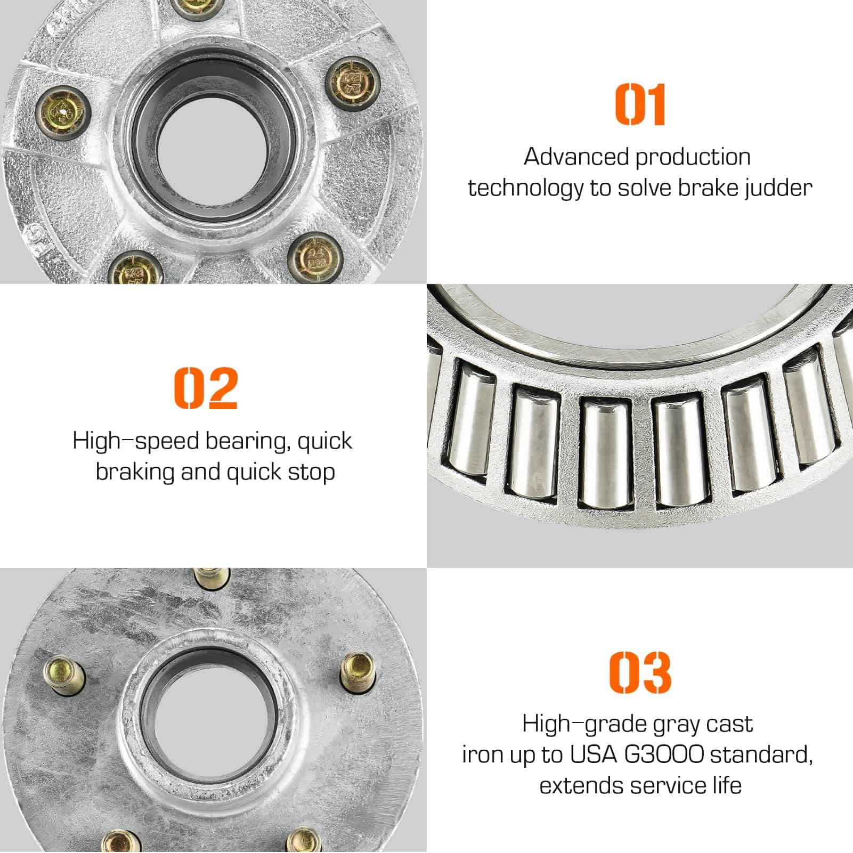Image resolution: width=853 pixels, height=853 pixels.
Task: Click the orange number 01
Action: pyautogui.click(x=640, y=104)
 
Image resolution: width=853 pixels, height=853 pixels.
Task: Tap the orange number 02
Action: pyautogui.click(x=206, y=388)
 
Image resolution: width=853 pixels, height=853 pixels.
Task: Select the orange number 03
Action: pyautogui.click(x=640, y=672)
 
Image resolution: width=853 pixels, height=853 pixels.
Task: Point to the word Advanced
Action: pyautogui.click(x=576, y=157)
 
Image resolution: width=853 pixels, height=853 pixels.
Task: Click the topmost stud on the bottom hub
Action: pyautogui.click(x=213, y=578)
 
